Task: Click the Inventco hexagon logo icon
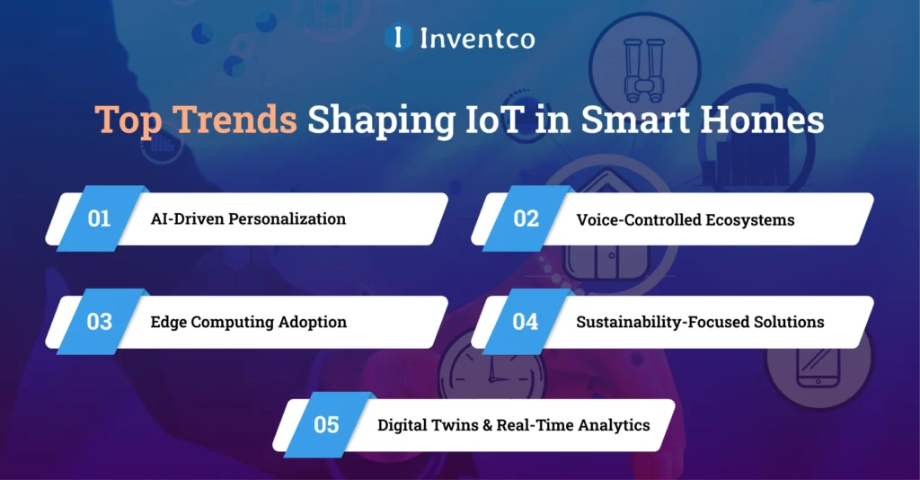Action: pyautogui.click(x=397, y=37)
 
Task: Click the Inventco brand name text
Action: pyautogui.click(x=476, y=38)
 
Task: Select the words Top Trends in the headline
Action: pyautogui.click(x=196, y=120)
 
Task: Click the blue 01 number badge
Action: pyautogui.click(x=100, y=218)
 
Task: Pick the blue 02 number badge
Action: pyautogui.click(x=525, y=218)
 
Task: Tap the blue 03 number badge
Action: pyautogui.click(x=100, y=322)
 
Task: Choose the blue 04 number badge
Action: pyautogui.click(x=525, y=322)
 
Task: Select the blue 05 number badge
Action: pyautogui.click(x=325, y=424)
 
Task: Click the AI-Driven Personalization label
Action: pyautogui.click(x=248, y=219)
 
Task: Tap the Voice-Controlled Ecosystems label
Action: pyautogui.click(x=686, y=219)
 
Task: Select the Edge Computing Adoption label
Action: pyautogui.click(x=249, y=322)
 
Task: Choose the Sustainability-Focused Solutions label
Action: pyautogui.click(x=700, y=322)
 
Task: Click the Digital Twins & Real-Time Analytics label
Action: pyautogui.click(x=513, y=424)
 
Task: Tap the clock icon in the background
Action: pyautogui.click(x=485, y=369)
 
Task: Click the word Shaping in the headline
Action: pyautogui.click(x=391, y=120)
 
